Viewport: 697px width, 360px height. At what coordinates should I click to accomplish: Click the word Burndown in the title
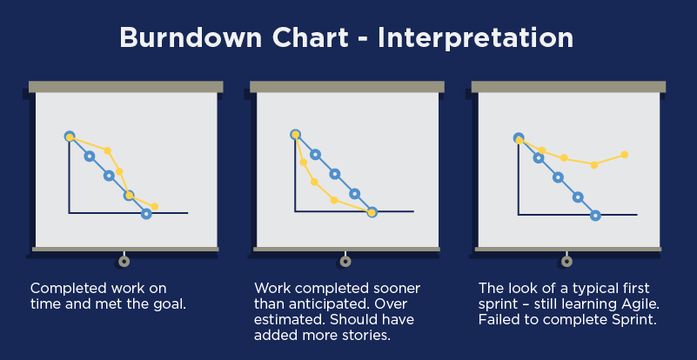(191, 37)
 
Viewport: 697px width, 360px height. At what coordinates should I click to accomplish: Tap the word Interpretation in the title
(475, 39)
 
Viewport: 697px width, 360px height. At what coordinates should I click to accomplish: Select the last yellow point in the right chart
(624, 155)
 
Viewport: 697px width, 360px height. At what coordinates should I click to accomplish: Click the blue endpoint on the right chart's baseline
(596, 216)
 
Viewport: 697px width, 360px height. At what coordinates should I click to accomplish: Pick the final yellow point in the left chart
(155, 206)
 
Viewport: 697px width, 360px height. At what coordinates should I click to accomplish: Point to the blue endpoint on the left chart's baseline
(146, 214)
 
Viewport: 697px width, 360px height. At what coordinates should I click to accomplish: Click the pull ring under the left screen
(124, 262)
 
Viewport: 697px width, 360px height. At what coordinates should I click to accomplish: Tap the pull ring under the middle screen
(345, 262)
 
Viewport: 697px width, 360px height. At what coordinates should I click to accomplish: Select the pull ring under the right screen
(566, 262)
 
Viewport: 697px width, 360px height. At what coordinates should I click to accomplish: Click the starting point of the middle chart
(296, 134)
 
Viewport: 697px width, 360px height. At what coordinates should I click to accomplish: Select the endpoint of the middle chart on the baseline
(372, 212)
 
